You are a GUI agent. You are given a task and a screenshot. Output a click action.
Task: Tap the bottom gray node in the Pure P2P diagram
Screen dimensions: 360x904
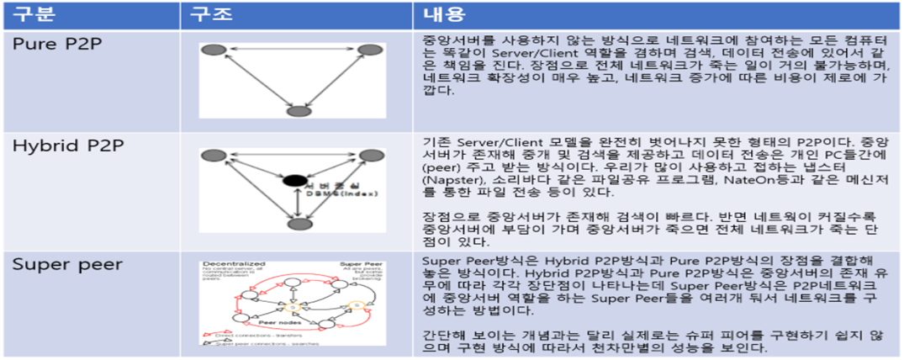point(295,111)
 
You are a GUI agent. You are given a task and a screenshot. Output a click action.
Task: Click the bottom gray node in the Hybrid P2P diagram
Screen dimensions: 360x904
point(295,225)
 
